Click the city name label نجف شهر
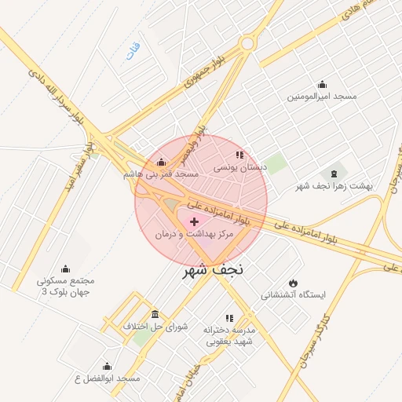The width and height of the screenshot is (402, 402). click(213, 269)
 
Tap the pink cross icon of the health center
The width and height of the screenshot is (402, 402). click(195, 223)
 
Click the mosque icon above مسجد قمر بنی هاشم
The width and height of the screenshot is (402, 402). click(161, 163)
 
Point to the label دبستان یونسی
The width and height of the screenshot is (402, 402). click(241, 168)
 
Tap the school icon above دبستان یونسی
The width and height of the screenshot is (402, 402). click(239, 155)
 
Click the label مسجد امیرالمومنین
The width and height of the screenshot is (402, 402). click(321, 97)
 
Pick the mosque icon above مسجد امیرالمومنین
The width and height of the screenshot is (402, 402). click(321, 85)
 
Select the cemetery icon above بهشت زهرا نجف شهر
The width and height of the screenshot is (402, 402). click(335, 173)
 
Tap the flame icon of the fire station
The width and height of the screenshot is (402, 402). click(293, 283)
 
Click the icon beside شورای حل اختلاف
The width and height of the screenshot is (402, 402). click(155, 315)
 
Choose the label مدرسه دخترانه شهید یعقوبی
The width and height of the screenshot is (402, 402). click(231, 336)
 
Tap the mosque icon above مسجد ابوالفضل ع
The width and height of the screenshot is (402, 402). click(107, 366)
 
